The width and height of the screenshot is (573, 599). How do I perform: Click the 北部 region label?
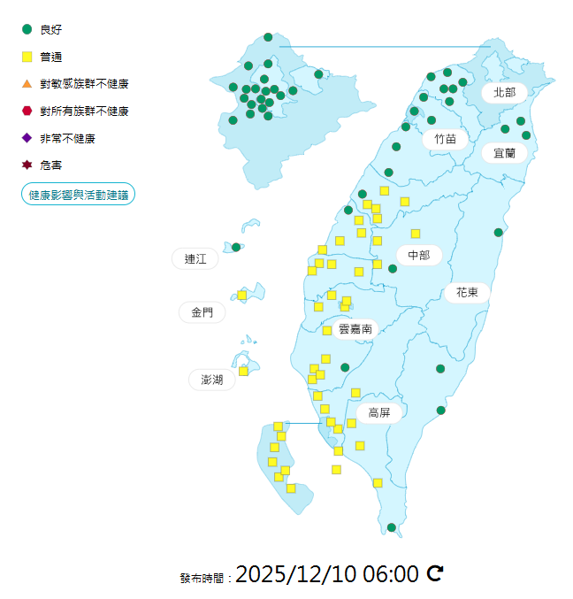tap(504, 92)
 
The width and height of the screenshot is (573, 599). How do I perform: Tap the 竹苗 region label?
tap(445, 139)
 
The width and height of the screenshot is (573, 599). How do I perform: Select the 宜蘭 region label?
tap(504, 152)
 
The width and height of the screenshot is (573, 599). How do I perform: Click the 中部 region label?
tap(418, 255)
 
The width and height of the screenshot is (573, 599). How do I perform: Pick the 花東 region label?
tap(467, 292)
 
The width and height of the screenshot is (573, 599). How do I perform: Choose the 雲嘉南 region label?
tap(355, 328)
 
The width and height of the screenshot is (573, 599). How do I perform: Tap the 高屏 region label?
tap(379, 412)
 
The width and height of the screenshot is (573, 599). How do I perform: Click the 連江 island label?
tap(195, 258)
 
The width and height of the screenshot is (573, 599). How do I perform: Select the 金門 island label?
tap(201, 312)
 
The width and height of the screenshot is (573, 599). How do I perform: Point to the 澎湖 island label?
tap(212, 380)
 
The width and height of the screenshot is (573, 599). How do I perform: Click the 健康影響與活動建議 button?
tap(78, 194)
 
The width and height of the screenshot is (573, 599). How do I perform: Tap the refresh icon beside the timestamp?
tap(435, 573)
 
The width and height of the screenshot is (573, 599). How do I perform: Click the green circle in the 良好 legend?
tap(27, 29)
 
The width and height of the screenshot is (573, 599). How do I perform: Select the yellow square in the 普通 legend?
tap(27, 57)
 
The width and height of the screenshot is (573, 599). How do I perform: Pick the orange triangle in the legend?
tap(27, 84)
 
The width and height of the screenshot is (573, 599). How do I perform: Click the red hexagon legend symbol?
tap(27, 111)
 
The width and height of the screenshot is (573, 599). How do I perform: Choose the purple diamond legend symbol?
tap(27, 138)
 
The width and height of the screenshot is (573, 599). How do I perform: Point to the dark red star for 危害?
tap(27, 165)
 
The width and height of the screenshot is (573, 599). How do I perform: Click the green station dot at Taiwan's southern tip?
tap(392, 527)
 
